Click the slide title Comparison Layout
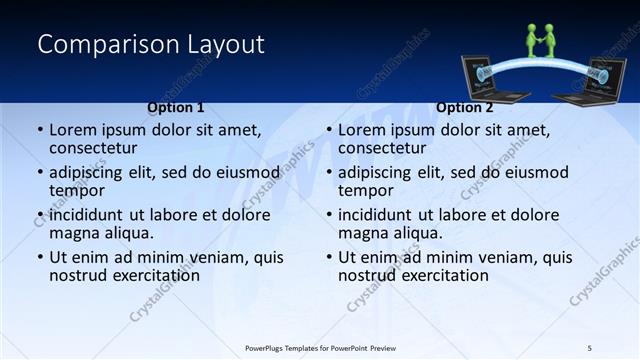click(151, 44)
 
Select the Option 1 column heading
click(175, 107)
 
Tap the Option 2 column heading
click(465, 107)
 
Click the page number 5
click(589, 347)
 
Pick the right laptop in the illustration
click(598, 82)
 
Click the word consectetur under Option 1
click(95, 148)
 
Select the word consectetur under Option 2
click(384, 148)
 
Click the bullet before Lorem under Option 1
click(40, 130)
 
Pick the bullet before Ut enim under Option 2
click(329, 257)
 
